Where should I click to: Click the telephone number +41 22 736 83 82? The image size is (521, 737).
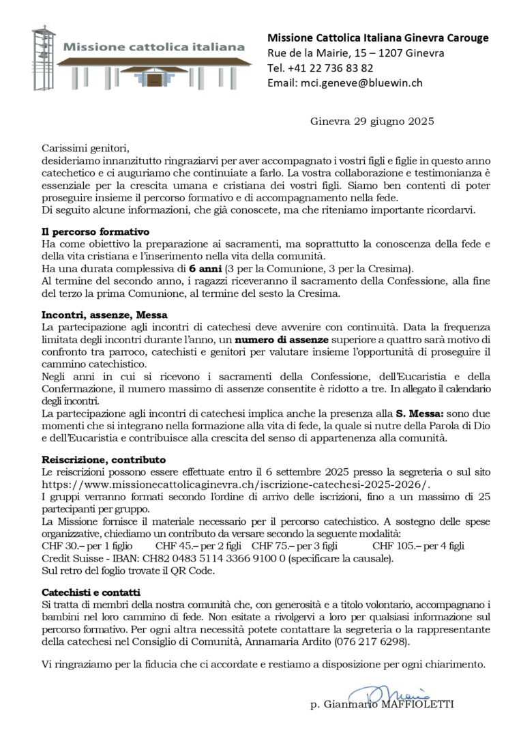(x=330, y=68)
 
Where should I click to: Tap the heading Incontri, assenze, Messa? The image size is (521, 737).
(x=99, y=316)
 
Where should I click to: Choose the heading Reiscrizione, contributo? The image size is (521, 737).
(x=104, y=461)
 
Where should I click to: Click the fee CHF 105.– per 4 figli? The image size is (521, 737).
(x=417, y=545)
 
